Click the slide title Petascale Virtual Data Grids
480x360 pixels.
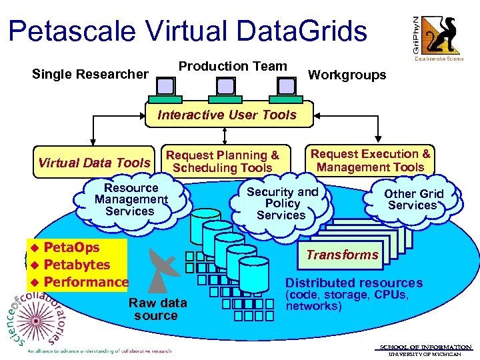click(188, 31)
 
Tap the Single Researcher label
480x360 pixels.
click(90, 74)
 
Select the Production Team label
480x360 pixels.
click(233, 66)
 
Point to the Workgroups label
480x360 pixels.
click(347, 75)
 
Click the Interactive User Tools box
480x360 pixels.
click(227, 115)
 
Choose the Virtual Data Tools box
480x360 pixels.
click(94, 163)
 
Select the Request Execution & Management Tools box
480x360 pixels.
click(371, 161)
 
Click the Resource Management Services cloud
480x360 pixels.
click(131, 199)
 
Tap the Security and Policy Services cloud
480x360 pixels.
click(282, 203)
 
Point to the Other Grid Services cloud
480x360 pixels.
click(413, 199)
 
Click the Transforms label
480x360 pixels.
click(342, 255)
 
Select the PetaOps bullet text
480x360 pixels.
click(71, 247)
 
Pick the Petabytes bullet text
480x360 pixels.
click(77, 265)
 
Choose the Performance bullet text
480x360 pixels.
click(85, 282)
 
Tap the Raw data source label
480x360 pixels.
click(157, 309)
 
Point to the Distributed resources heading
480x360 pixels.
click(354, 283)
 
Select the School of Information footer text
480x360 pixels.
click(425, 347)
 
